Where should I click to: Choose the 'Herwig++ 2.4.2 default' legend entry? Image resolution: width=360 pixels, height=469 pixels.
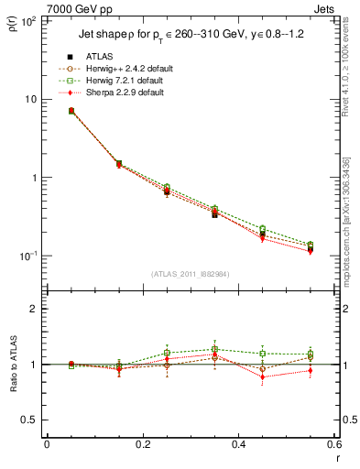point(124,69)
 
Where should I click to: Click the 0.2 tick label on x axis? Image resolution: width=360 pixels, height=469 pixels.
point(142,444)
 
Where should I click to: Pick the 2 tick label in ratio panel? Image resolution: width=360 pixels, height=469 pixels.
point(34,309)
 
